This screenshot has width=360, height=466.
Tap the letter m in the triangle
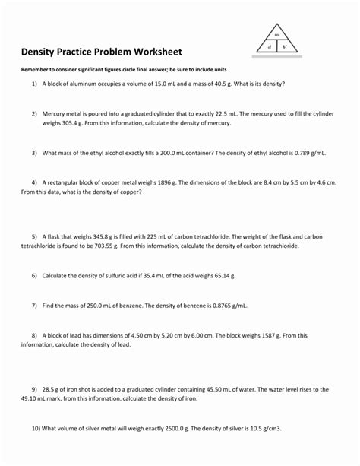[277, 36]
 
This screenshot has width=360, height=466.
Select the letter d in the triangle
[270, 47]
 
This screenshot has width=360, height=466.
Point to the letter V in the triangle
[284, 47]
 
